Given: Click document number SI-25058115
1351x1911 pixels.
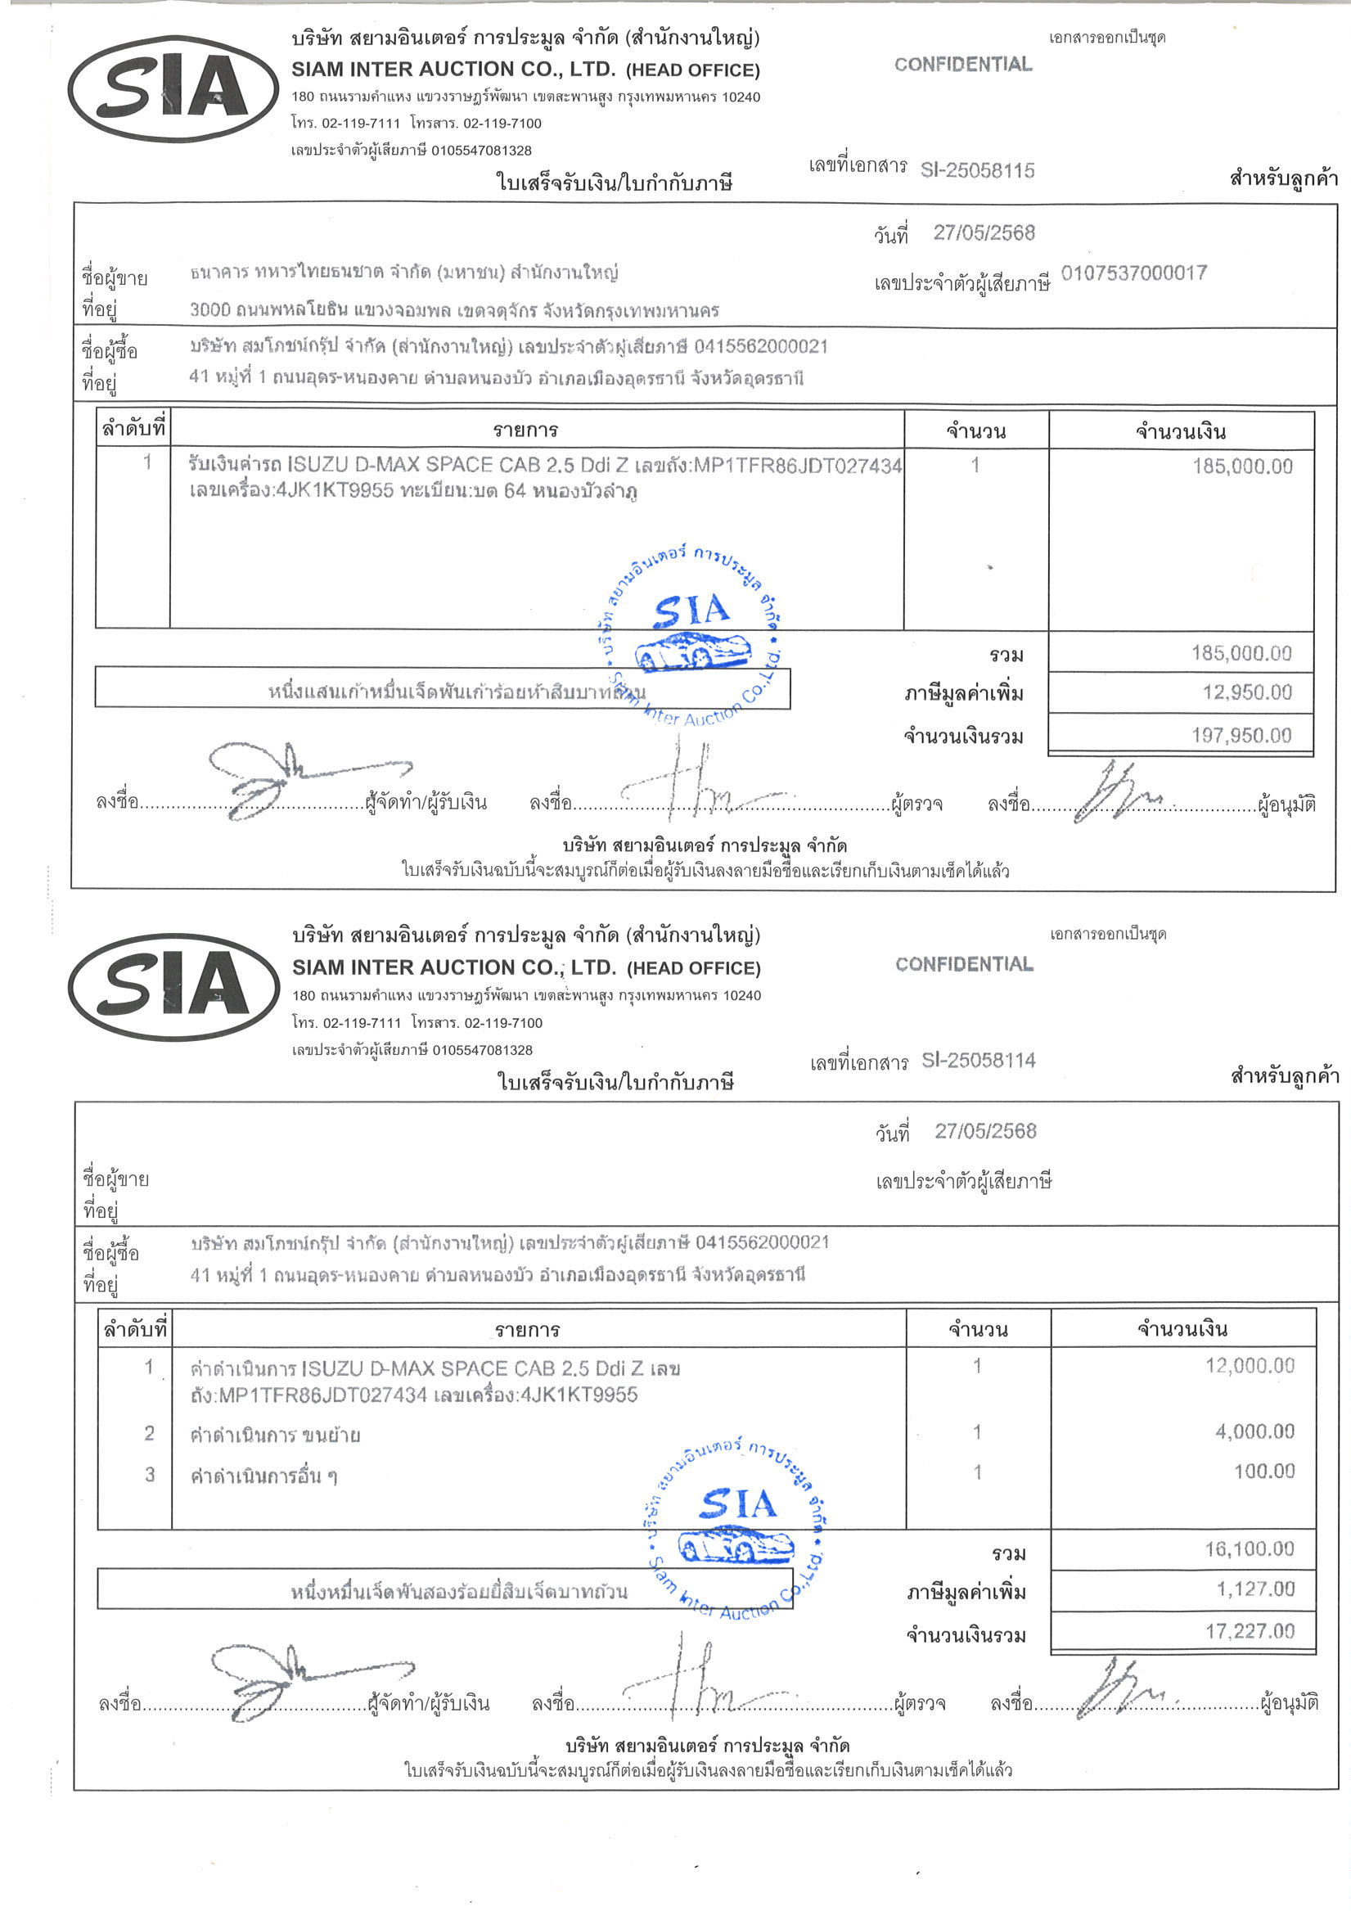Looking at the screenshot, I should click(x=977, y=170).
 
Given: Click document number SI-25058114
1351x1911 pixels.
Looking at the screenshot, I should click(x=978, y=1061).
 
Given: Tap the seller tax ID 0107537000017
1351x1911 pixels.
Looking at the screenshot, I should click(x=1133, y=273).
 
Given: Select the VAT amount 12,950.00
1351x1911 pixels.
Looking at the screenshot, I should click(x=1247, y=692).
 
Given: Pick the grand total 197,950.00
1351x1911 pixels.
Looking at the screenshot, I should click(x=1241, y=736).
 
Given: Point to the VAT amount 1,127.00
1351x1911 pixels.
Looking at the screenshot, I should click(x=1255, y=1589).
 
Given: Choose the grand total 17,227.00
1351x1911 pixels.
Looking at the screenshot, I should click(x=1250, y=1631).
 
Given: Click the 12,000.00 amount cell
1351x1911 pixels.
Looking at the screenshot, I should click(x=1250, y=1365).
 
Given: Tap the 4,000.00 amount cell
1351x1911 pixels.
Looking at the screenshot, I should click(x=1254, y=1431).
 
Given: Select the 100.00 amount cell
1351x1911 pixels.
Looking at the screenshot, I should click(x=1263, y=1471).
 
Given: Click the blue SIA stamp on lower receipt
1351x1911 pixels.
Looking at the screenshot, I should click(x=736, y=1528).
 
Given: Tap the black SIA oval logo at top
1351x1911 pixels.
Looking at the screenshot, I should click(x=173, y=89).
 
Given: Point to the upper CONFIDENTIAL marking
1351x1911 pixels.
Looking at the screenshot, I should click(x=963, y=64).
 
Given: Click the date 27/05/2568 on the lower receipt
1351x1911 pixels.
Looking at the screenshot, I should click(x=984, y=1131).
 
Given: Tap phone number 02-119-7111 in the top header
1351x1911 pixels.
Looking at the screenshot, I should click(x=360, y=124).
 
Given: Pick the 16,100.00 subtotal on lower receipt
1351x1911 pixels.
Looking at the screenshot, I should click(x=1250, y=1549).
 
